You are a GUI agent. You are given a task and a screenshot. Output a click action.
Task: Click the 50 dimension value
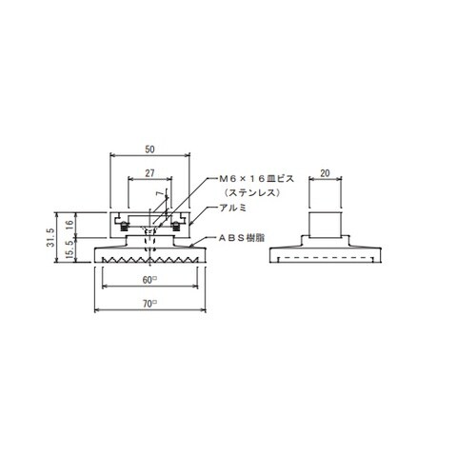149,149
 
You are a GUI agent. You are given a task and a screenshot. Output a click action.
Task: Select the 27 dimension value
149,173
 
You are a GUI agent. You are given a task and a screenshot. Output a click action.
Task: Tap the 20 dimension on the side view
326,173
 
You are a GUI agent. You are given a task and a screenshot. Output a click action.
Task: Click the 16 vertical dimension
69,225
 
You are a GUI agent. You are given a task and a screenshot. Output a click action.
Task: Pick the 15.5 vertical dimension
69,249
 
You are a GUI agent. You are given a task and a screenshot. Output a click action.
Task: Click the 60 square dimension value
149,280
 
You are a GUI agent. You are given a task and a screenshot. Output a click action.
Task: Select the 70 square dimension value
149,304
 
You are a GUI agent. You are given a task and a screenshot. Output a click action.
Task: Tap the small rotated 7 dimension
162,193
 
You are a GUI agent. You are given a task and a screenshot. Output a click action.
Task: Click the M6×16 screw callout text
257,179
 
